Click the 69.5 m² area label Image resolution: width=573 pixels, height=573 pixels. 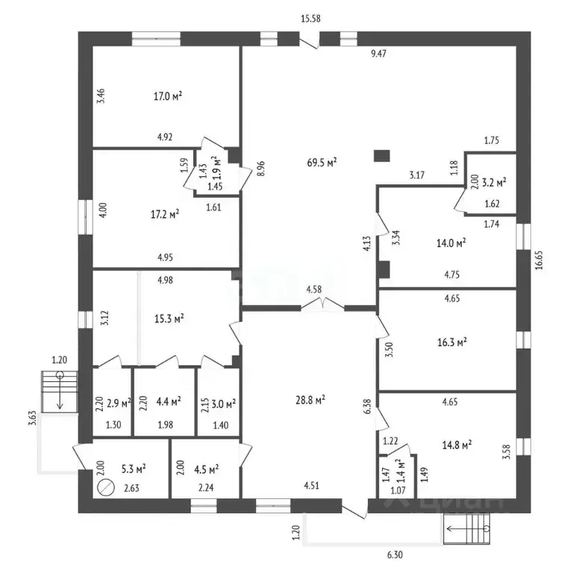[x=322, y=162]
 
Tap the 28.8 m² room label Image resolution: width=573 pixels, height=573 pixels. [x=310, y=400]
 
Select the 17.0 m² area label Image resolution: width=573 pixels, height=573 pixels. [x=168, y=96]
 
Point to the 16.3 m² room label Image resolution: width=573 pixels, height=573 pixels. [x=452, y=342]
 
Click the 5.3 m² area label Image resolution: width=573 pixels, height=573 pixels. [x=134, y=469]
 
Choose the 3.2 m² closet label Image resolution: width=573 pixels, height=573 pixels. [x=494, y=182]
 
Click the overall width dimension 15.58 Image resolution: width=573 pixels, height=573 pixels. [x=310, y=19]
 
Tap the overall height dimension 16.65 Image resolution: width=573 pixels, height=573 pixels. [x=539, y=260]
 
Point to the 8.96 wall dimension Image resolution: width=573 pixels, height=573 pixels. [x=260, y=169]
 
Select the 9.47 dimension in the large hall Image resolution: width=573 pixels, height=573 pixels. [x=378, y=54]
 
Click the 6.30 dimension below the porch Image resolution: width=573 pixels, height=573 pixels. [x=395, y=555]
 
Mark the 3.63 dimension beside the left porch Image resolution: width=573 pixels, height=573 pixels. [x=33, y=418]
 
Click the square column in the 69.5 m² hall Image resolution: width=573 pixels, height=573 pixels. [x=381, y=156]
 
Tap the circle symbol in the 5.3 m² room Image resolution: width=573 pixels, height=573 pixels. [x=106, y=487]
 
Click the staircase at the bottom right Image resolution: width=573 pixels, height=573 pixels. [x=466, y=529]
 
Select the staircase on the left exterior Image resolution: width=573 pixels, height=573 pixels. [x=60, y=392]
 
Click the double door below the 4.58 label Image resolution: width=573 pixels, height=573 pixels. [x=322, y=304]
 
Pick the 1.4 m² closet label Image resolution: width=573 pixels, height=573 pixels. [x=401, y=469]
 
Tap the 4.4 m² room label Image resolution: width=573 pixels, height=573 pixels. [x=169, y=401]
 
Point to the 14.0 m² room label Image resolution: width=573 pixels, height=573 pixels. [x=451, y=242]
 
